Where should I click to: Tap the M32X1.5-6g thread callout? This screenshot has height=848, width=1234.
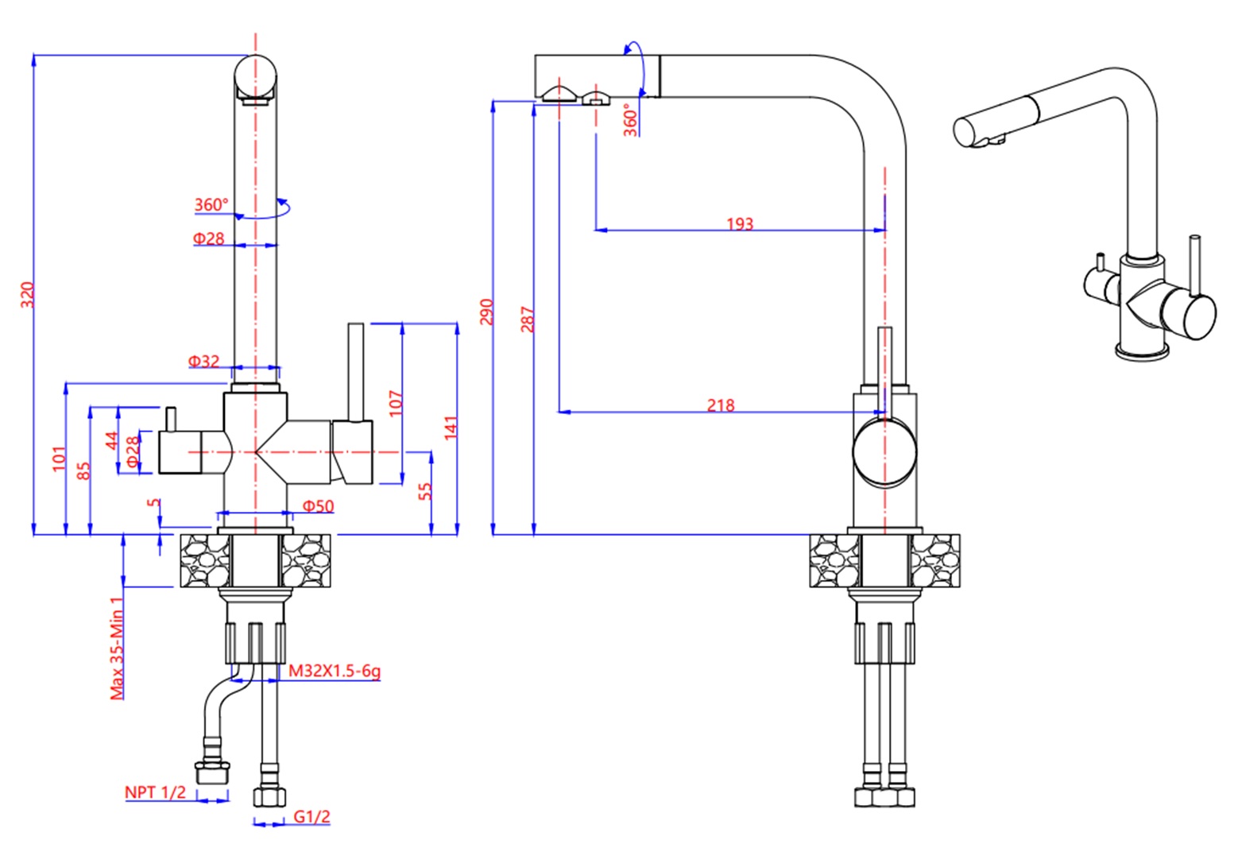334,671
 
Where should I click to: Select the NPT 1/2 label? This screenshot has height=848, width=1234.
155,792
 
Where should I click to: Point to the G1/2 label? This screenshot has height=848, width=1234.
311,816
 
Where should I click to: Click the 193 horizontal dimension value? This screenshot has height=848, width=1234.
740,224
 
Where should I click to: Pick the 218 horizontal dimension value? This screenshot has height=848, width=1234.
721,405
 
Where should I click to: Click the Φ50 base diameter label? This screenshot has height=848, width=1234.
319,506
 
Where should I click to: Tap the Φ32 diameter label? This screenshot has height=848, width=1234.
203,362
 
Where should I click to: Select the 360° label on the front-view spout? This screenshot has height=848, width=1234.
211,205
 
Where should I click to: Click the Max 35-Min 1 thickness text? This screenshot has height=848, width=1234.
118,648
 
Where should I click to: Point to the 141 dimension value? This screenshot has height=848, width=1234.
451,428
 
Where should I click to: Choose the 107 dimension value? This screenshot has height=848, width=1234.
396,403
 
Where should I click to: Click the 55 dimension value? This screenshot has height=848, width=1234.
425,491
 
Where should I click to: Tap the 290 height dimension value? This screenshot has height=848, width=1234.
487,312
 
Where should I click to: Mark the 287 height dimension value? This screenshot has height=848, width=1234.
528,319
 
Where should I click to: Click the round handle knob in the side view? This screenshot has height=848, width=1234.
884,453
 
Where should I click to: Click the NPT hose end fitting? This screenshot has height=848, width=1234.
212,771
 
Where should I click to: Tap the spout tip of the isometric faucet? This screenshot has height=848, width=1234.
965,132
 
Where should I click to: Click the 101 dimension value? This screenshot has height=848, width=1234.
60,459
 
